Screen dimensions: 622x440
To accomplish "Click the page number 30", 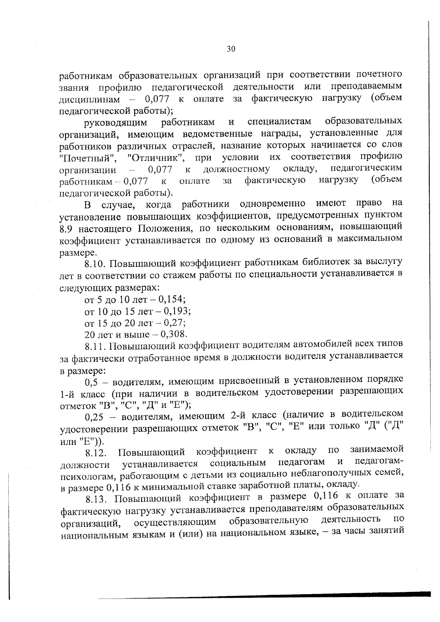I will point(231,49).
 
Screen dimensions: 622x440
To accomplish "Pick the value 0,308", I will point(174,334).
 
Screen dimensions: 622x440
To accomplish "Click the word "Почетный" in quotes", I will point(88,158).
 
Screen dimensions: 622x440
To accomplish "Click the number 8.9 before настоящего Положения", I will point(66,229).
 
